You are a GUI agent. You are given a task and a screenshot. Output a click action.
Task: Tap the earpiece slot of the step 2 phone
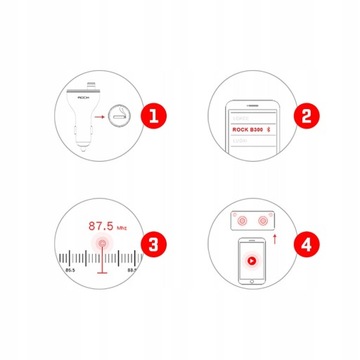click(254, 101)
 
